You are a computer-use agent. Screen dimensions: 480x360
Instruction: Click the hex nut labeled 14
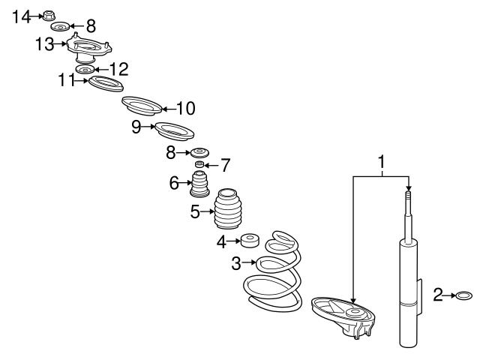pos(47,16)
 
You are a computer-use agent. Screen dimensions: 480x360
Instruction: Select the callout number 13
pos(44,44)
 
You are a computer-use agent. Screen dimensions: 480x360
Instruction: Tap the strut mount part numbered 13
pos(89,48)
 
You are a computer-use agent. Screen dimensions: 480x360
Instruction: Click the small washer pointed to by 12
pos(85,70)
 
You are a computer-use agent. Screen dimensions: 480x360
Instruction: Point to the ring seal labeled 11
pos(106,83)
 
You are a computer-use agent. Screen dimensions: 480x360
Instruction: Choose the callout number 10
pos(186,108)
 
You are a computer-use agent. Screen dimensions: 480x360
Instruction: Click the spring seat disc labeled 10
pos(142,106)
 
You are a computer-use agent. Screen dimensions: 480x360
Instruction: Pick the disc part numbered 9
pos(175,131)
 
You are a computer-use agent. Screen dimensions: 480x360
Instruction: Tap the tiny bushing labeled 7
pos(199,164)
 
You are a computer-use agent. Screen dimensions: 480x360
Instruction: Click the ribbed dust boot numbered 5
pos(228,208)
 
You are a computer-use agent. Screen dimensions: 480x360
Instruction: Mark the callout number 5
pos(195,211)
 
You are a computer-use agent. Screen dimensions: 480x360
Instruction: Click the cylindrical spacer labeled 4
pos(250,241)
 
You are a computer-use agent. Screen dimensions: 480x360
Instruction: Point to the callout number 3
pos(236,263)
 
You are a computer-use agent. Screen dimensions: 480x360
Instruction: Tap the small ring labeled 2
pos(464,295)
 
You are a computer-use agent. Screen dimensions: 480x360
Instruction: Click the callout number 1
pos(382,162)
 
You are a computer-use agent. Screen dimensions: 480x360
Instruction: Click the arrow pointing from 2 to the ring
pos(449,295)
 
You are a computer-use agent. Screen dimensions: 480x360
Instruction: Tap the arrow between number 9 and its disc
pos(148,127)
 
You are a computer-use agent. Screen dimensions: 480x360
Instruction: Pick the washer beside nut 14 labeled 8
pos(60,27)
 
